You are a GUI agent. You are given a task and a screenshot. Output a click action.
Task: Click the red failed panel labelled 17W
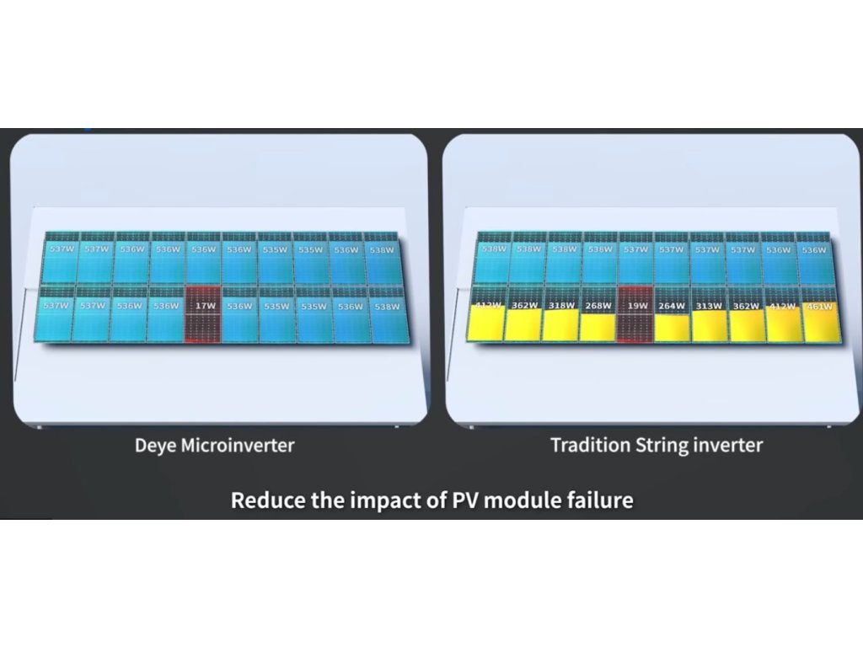(202, 316)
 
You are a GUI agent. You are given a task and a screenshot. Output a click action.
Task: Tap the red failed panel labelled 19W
(635, 317)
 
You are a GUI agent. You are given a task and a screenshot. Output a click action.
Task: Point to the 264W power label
(672, 306)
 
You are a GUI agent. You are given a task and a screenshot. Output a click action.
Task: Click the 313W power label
(708, 306)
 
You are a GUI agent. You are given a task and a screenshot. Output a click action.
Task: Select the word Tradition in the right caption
(589, 445)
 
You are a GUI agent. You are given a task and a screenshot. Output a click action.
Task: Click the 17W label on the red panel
(203, 306)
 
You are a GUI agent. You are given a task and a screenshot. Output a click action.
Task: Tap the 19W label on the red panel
(635, 306)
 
